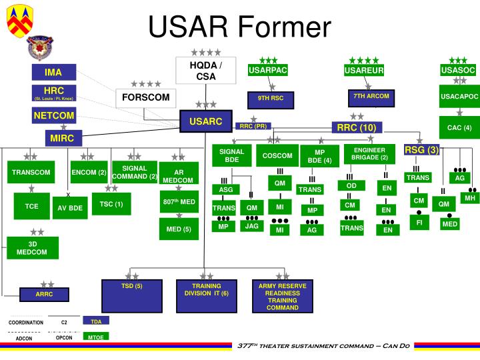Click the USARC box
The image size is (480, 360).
[205, 122]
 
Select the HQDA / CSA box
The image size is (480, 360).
[206, 71]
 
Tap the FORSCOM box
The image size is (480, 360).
[145, 98]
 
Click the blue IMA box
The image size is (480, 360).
[53, 72]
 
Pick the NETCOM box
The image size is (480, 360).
[54, 116]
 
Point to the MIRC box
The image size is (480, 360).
[65, 138]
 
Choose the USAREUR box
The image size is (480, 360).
[364, 71]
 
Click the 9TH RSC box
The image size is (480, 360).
[271, 99]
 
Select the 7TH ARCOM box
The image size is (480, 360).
[371, 97]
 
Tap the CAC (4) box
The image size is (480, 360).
[459, 127]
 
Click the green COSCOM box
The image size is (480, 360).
[277, 157]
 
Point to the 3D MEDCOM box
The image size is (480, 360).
[32, 249]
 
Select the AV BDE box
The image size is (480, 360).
[70, 207]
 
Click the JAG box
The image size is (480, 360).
[251, 226]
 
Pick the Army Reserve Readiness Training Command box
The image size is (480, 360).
[283, 297]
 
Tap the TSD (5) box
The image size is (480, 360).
[132, 297]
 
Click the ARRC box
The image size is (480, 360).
[44, 294]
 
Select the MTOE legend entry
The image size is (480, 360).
[96, 337]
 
